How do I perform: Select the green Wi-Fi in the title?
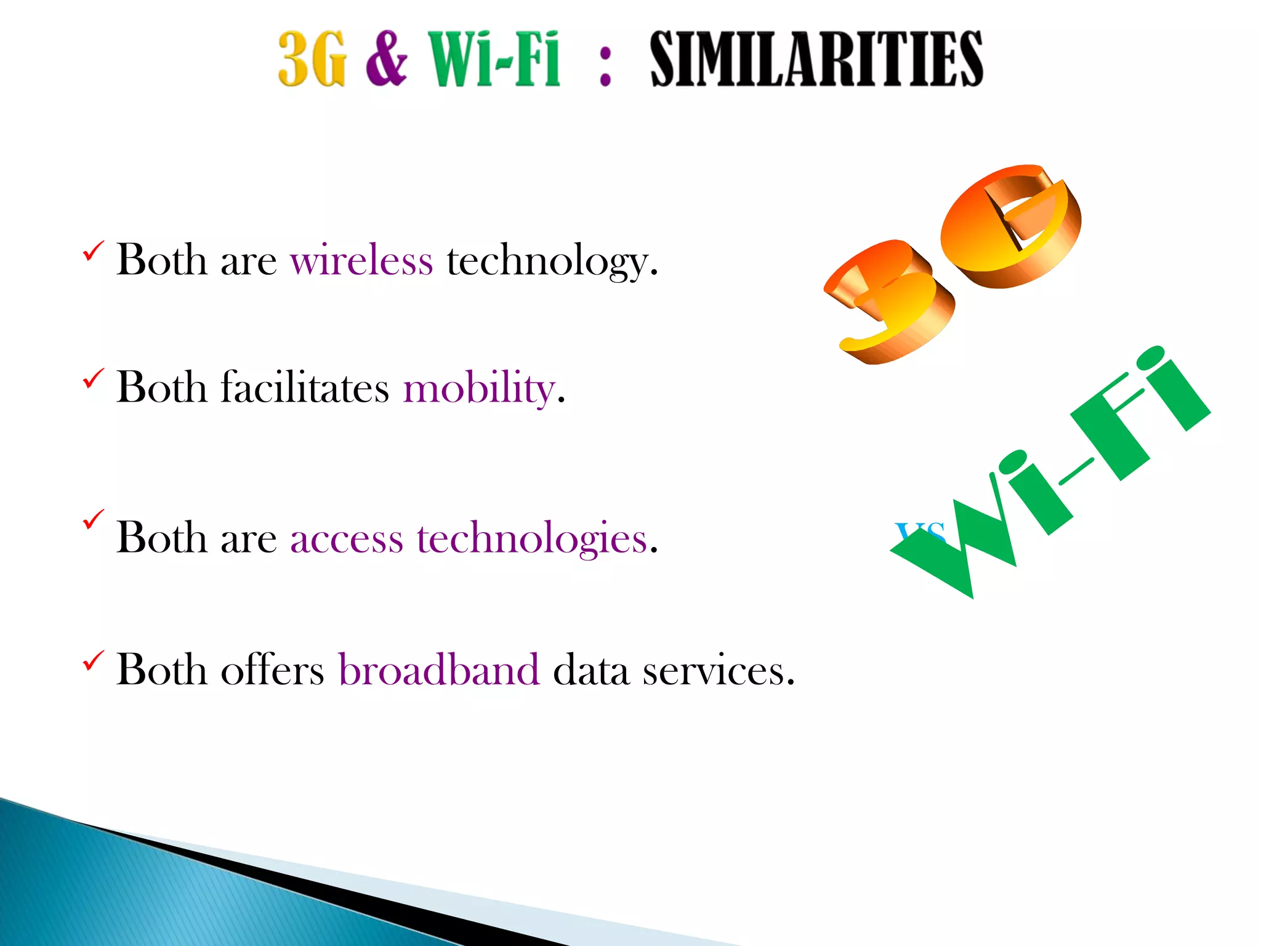[x=494, y=59]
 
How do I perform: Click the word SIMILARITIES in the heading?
[x=816, y=59]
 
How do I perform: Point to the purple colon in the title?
[x=605, y=67]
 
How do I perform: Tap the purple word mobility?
[x=480, y=389]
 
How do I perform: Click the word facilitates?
[x=305, y=388]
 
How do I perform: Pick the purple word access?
[x=346, y=539]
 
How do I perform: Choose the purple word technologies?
[x=532, y=539]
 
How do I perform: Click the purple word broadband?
[x=439, y=670]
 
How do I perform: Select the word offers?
[x=272, y=670]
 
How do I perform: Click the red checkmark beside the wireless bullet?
[x=93, y=251]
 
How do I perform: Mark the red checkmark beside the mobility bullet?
[x=93, y=378]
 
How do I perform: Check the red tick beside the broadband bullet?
[x=93, y=660]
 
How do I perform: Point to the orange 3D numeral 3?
[x=890, y=302]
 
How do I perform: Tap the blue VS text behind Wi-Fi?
[x=920, y=531]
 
